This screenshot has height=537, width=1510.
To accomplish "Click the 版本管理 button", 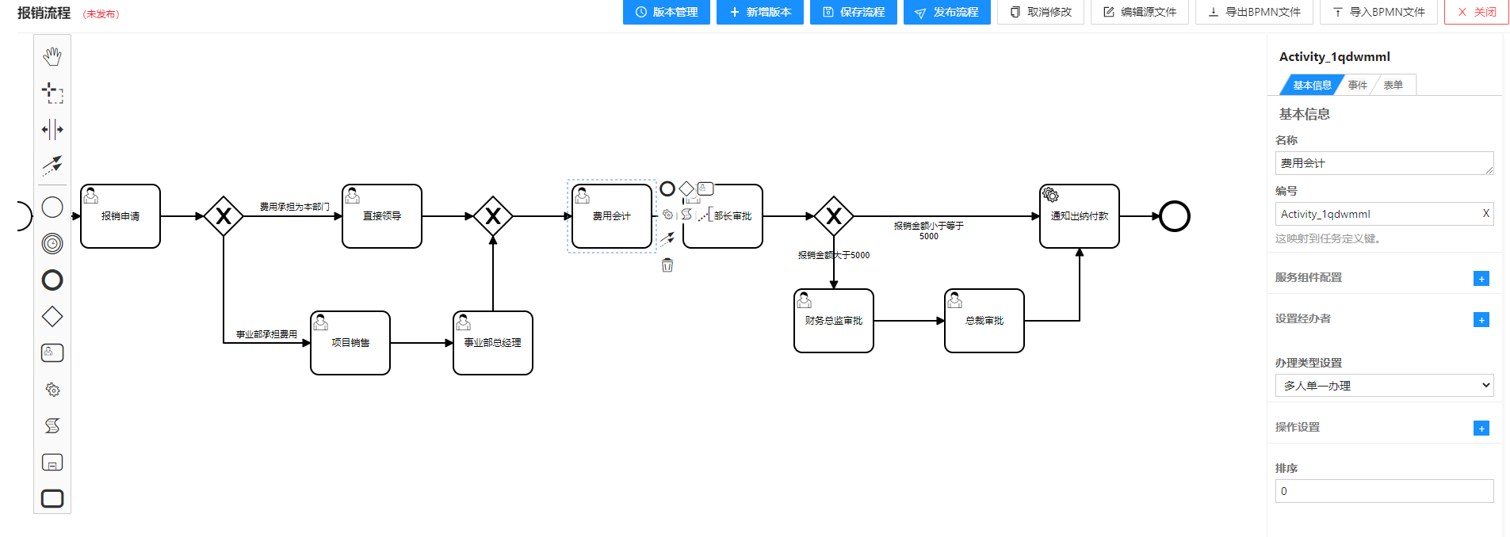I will point(666,12).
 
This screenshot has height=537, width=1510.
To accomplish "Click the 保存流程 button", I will point(853,12).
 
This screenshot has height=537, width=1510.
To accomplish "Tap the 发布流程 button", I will point(946,12).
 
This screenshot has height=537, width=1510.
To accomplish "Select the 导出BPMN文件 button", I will point(1254,12).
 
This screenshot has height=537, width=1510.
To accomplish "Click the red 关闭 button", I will point(1476,12).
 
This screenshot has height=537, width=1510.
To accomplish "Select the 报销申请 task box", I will point(120,216).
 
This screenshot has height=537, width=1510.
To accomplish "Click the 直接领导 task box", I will point(382,216).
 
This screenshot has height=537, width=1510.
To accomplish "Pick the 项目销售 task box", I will point(350,343).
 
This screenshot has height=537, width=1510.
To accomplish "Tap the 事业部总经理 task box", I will point(493,343).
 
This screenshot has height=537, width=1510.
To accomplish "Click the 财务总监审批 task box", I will point(834,321).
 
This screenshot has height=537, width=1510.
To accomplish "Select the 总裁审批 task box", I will point(984,321).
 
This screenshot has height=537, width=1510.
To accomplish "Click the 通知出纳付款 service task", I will point(1080,216).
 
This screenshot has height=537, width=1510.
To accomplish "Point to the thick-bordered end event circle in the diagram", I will point(1175,216).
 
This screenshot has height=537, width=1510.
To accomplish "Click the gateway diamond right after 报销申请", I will point(224,216).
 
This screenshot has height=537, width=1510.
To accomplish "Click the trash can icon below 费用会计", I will point(667,265).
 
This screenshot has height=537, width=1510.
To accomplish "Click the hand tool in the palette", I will point(52,56).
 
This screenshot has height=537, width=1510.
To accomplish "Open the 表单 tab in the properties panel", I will point(1393,85).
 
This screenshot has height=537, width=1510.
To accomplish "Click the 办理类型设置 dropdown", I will point(1384,386).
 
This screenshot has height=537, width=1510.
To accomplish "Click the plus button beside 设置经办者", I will point(1481,320).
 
